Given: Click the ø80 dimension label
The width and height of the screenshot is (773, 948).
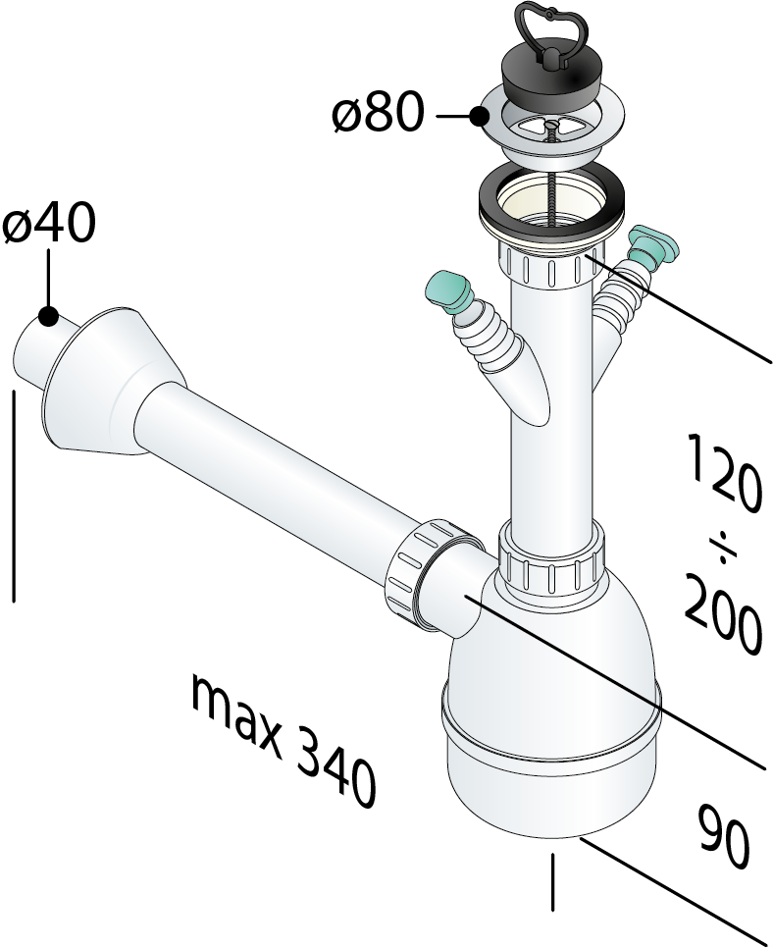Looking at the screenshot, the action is tap(377, 113).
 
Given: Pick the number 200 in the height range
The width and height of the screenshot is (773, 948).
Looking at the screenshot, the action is tap(722, 613).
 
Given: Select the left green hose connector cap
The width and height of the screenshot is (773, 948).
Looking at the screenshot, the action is tap(451, 291).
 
